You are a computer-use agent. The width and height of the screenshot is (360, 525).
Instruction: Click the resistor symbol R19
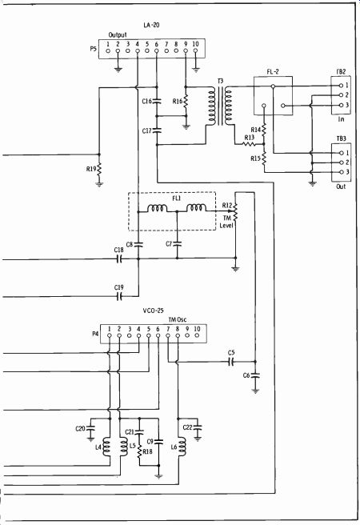99,170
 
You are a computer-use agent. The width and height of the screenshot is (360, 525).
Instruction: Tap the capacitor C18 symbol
119,258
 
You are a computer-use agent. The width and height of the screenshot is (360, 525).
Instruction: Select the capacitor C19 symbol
119,296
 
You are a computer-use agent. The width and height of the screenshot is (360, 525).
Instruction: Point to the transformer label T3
220,81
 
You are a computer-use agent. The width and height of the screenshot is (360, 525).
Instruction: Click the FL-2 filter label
273,71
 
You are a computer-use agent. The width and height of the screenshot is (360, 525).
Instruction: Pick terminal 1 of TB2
341,86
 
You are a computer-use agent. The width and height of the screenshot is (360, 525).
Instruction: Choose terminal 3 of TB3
341,172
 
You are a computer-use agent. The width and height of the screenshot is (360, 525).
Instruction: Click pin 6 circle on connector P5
157,51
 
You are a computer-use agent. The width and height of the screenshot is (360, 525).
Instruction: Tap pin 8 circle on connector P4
178,335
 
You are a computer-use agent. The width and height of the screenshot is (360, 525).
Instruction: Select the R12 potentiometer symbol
235,211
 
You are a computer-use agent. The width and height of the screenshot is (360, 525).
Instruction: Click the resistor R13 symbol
249,144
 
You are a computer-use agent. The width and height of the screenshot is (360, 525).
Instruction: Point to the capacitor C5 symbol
231,362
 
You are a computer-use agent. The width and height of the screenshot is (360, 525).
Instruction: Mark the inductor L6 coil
182,447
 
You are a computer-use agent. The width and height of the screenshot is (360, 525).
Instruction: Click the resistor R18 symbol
140,451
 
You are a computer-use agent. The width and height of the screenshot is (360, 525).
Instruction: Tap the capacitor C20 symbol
90,427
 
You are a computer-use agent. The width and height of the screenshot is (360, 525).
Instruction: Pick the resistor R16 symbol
186,101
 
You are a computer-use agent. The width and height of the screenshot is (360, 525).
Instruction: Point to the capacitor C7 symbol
178,244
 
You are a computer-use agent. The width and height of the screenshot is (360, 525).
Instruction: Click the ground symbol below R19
99,183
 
